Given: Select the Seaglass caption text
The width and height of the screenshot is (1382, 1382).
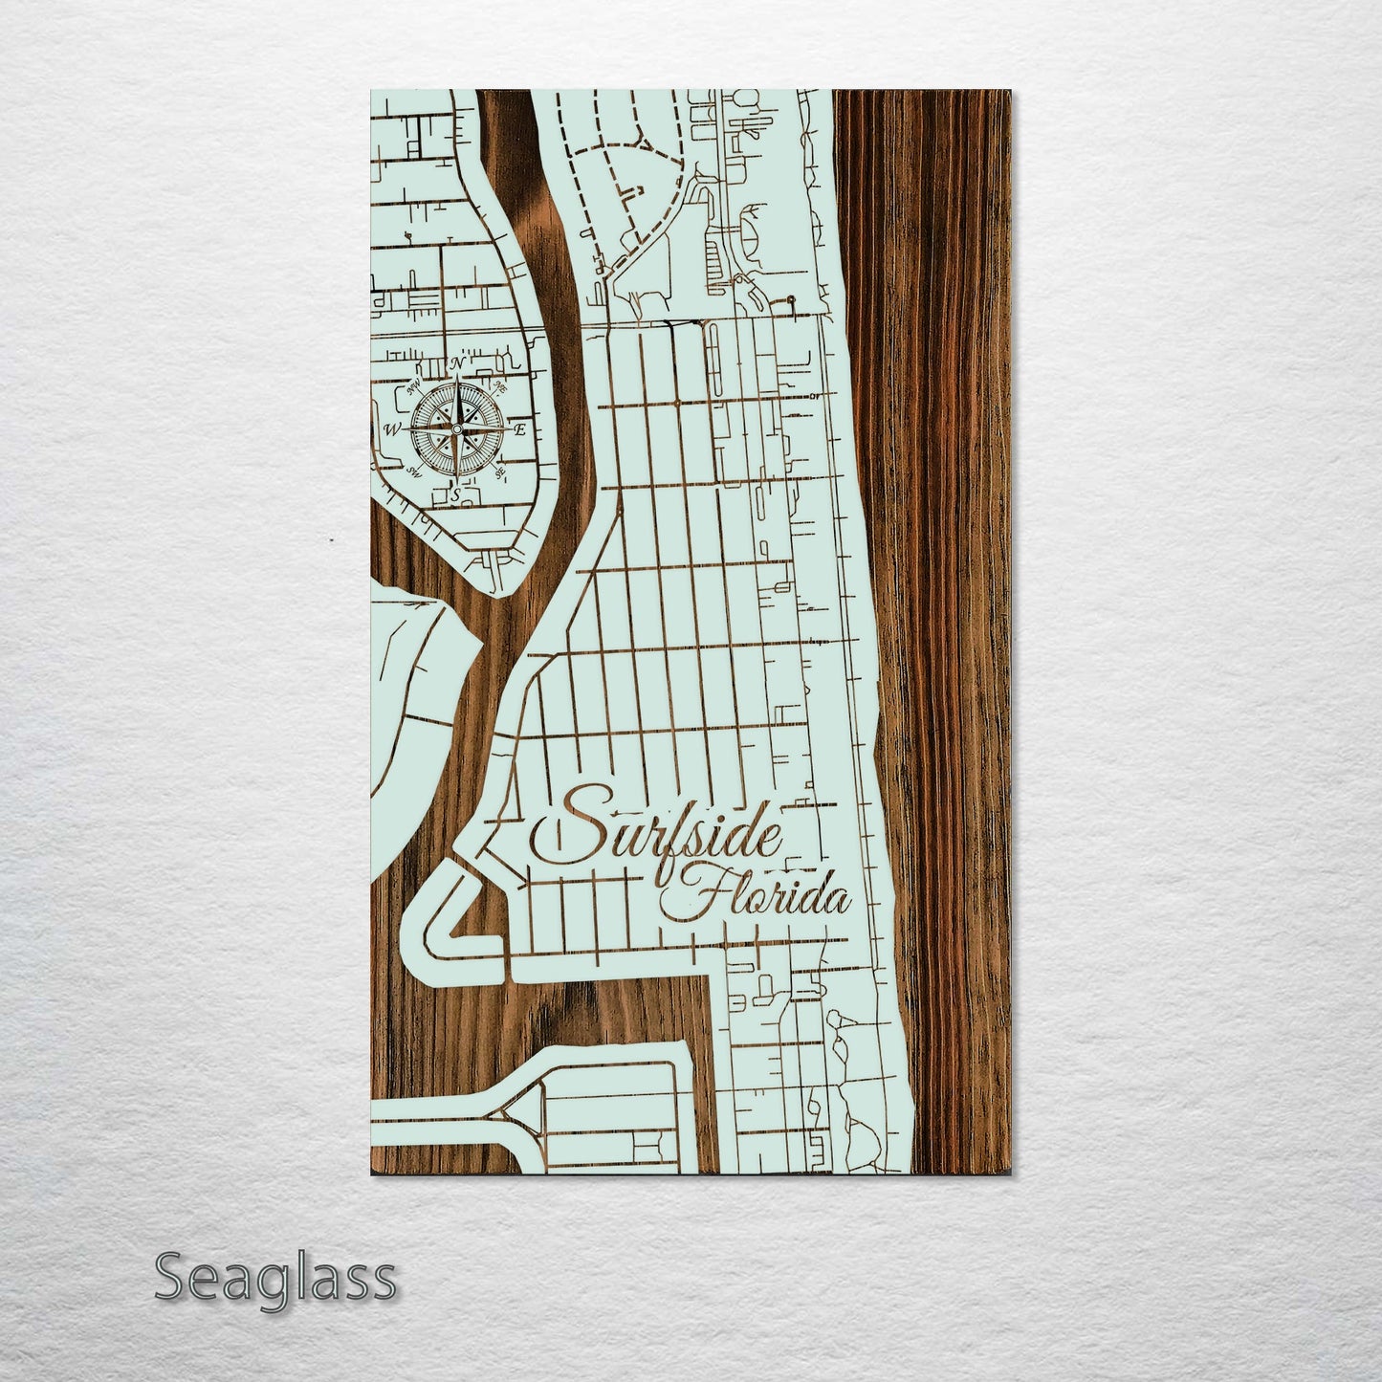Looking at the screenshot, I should [274, 1278].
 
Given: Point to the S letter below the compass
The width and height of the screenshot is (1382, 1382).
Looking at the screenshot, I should [457, 493].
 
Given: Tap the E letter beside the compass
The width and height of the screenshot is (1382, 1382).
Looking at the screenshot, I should [520, 430].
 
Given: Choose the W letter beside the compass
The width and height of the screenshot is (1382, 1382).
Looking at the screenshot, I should [392, 430].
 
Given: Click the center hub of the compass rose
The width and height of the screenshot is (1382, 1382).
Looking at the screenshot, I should [457, 430].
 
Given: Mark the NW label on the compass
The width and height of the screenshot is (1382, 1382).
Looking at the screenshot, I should [415, 388].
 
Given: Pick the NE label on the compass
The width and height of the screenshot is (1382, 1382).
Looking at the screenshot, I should [499, 387].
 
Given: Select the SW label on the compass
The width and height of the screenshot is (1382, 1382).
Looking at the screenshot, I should [415, 472].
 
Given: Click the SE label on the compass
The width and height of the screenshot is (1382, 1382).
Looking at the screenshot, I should [500, 472].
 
